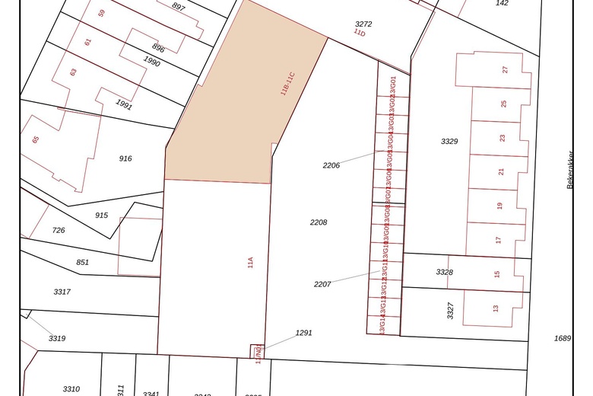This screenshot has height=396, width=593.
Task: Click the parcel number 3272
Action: [363, 24]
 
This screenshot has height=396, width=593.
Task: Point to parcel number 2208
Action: [319, 222]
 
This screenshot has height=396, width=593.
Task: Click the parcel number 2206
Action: [331, 164]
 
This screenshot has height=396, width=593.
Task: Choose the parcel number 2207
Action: [322, 284]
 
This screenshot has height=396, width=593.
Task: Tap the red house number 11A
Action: [249, 263]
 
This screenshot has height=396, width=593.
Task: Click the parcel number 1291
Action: [304, 333]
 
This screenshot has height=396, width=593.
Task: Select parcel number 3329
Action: [449, 142]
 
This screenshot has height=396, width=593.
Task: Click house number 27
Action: [505, 70]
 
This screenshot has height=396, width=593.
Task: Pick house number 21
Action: [501, 171]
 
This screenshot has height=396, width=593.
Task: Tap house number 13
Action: [496, 308]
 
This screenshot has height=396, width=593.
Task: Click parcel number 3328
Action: [444, 272]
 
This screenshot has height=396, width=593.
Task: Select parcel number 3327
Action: [450, 310]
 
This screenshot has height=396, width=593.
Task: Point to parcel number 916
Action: [125, 158]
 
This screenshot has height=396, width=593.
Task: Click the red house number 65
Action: [35, 140]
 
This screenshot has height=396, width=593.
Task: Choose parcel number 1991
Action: [123, 106]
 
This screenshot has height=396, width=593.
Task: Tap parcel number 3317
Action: [62, 292]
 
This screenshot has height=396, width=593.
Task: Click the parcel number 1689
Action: [562, 338]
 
